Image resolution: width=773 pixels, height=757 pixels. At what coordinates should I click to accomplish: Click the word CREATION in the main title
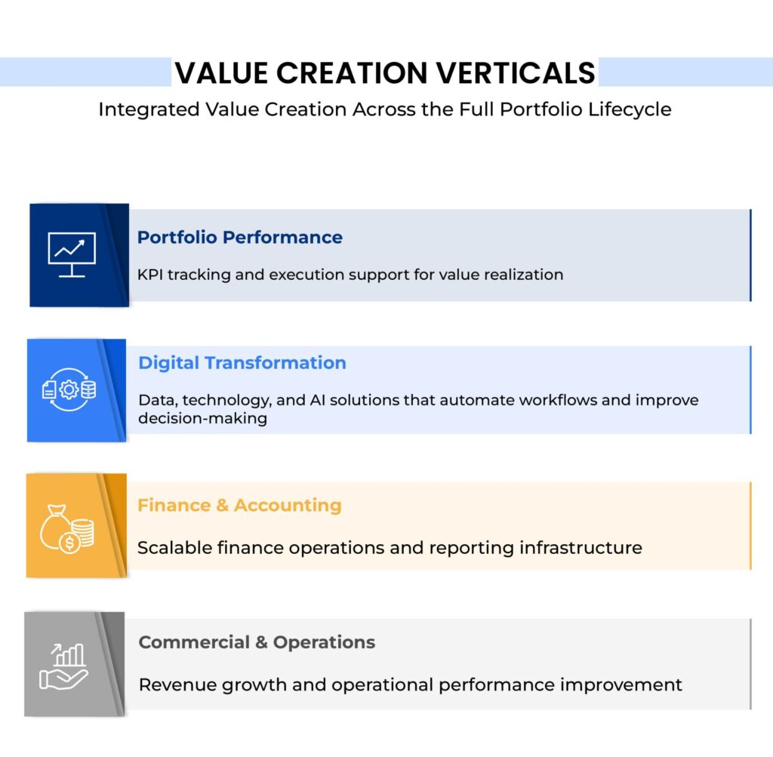(x=352, y=73)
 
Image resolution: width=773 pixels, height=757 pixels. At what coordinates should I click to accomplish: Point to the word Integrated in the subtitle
(x=149, y=109)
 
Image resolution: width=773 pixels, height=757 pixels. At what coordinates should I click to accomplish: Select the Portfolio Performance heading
(x=239, y=237)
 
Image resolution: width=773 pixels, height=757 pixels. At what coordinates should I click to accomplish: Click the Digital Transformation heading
(x=242, y=363)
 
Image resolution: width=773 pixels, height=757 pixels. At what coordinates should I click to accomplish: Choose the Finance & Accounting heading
(x=239, y=506)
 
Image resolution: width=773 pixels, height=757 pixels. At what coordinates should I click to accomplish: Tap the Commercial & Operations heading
(x=257, y=642)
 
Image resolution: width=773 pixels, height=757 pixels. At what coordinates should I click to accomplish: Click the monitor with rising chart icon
(x=72, y=254)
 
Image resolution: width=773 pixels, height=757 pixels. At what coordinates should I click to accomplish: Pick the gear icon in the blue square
(x=69, y=389)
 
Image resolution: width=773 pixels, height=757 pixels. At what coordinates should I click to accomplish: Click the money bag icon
(x=55, y=527)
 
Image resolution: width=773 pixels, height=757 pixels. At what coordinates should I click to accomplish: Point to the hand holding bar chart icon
(x=64, y=666)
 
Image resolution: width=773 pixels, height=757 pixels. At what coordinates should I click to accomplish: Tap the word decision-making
(x=202, y=418)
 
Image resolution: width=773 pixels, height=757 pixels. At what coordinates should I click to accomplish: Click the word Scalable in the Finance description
(x=174, y=548)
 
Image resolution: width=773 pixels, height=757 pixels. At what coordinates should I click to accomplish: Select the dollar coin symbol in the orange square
(x=69, y=543)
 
